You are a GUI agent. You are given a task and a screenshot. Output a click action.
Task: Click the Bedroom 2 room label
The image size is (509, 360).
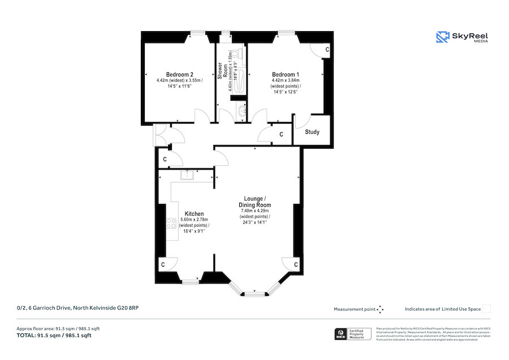180,75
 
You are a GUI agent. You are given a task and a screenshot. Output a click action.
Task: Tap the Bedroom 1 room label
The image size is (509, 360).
286,75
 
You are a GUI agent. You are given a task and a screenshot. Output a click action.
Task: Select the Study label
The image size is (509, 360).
312,132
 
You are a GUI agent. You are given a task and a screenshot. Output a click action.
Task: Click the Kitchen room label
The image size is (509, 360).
194,214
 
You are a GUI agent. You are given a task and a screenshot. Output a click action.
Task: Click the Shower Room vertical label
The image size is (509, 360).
221,70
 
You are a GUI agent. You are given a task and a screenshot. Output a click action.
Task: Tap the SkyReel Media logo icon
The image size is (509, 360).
442,37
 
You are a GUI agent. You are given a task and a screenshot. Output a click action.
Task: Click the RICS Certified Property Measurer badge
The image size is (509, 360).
353,334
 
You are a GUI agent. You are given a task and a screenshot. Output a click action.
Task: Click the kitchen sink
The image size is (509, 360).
187,174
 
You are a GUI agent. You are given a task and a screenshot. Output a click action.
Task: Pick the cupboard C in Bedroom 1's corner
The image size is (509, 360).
327,50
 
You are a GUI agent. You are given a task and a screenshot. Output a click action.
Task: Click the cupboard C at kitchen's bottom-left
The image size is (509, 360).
163,264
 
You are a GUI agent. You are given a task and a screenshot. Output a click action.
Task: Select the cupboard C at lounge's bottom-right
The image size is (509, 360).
296,264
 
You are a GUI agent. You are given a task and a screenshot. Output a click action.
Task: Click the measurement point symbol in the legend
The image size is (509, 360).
380,309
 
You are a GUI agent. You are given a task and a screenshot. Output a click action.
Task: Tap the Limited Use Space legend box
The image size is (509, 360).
486,308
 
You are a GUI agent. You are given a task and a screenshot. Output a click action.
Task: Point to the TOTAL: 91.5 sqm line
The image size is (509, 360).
54,336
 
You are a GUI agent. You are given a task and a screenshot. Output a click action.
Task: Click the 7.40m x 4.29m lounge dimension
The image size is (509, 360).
255,211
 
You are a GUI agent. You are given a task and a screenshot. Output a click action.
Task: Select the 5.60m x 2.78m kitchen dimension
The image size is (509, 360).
194,220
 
